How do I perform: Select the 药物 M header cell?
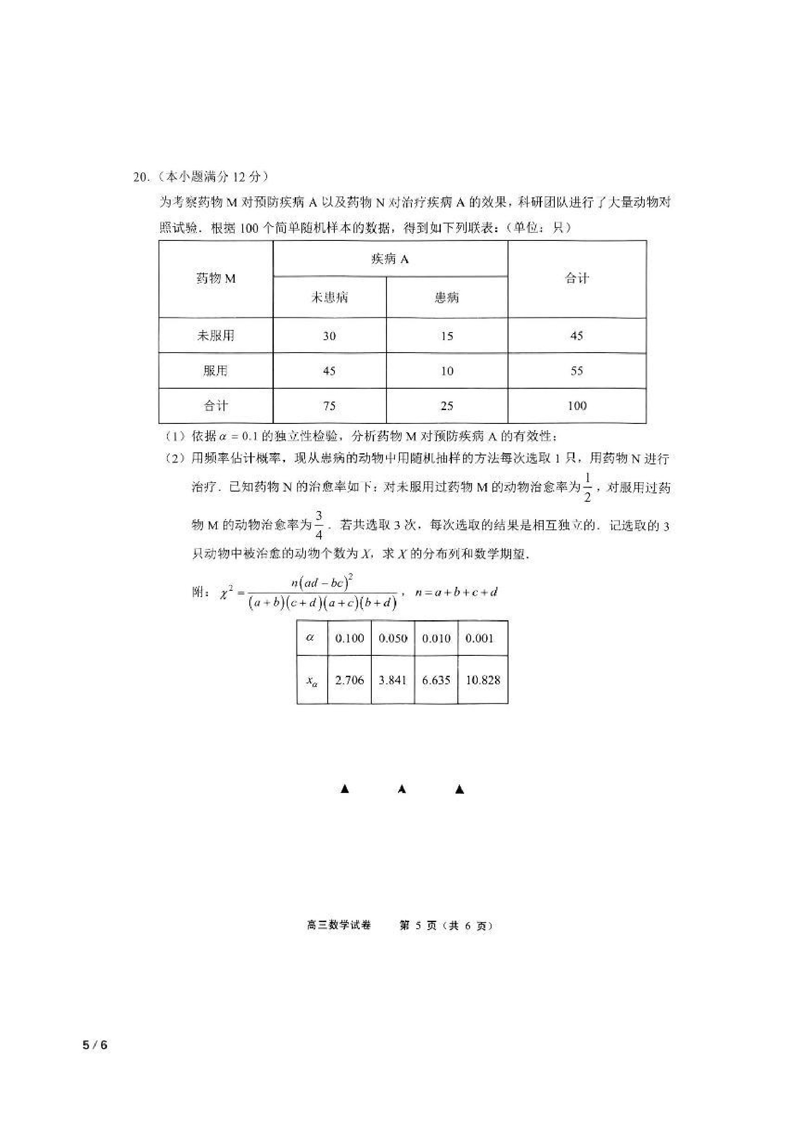[215, 279]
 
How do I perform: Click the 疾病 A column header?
[390, 259]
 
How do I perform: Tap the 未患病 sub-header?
[329, 297]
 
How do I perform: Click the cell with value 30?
[329, 336]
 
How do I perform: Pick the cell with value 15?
[447, 336]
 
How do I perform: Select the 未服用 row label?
[215, 336]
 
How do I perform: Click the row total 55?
[577, 371]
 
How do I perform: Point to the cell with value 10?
[447, 371]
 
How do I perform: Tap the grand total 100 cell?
[577, 406]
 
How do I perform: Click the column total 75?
[329, 406]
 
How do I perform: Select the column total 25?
[447, 406]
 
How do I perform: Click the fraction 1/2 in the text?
[587, 488]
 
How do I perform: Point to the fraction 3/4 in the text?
[319, 525]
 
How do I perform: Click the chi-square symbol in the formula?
[224, 593]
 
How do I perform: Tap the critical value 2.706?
[350, 680]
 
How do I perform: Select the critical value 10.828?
[483, 680]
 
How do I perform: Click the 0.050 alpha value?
[393, 638]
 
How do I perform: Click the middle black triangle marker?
[402, 789]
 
